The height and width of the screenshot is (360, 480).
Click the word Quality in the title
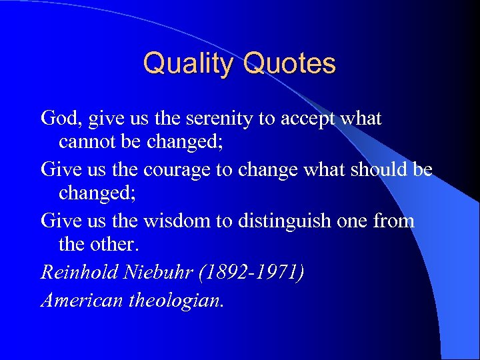point(190,64)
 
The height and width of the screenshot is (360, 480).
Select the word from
point(394,220)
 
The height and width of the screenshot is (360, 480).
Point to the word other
point(115,244)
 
